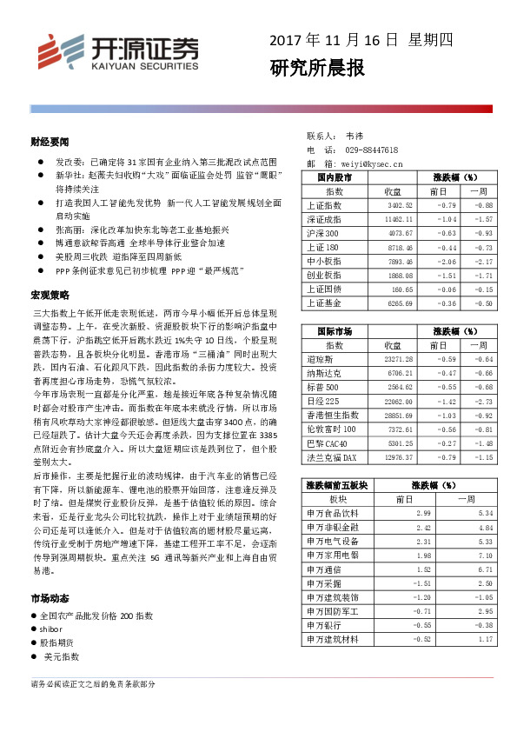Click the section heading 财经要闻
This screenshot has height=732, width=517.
[x=49, y=140]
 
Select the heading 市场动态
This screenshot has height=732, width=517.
[x=49, y=599]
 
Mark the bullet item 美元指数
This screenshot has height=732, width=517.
[x=61, y=656]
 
